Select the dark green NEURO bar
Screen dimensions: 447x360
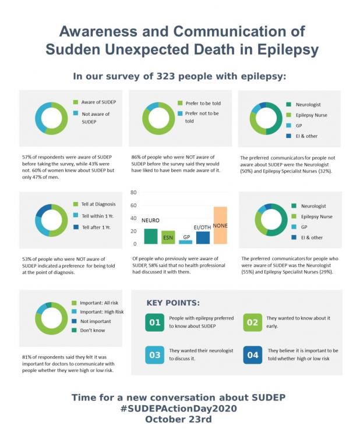(151, 236)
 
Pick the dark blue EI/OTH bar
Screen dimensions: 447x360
(203, 237)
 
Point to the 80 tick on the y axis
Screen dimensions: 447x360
(133, 193)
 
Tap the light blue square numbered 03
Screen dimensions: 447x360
(154, 354)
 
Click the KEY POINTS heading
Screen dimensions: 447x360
(173, 303)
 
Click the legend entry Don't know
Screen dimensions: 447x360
(94, 330)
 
